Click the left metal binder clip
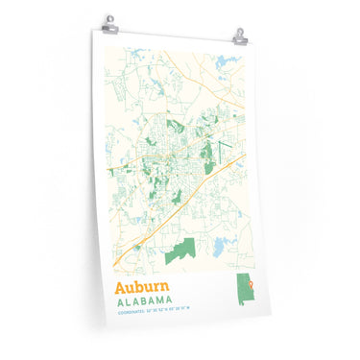tap(108, 21)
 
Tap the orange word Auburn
tap(143, 287)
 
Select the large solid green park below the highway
tap(180, 252)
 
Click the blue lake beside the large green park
tap(223, 244)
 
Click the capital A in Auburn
tap(121, 287)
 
